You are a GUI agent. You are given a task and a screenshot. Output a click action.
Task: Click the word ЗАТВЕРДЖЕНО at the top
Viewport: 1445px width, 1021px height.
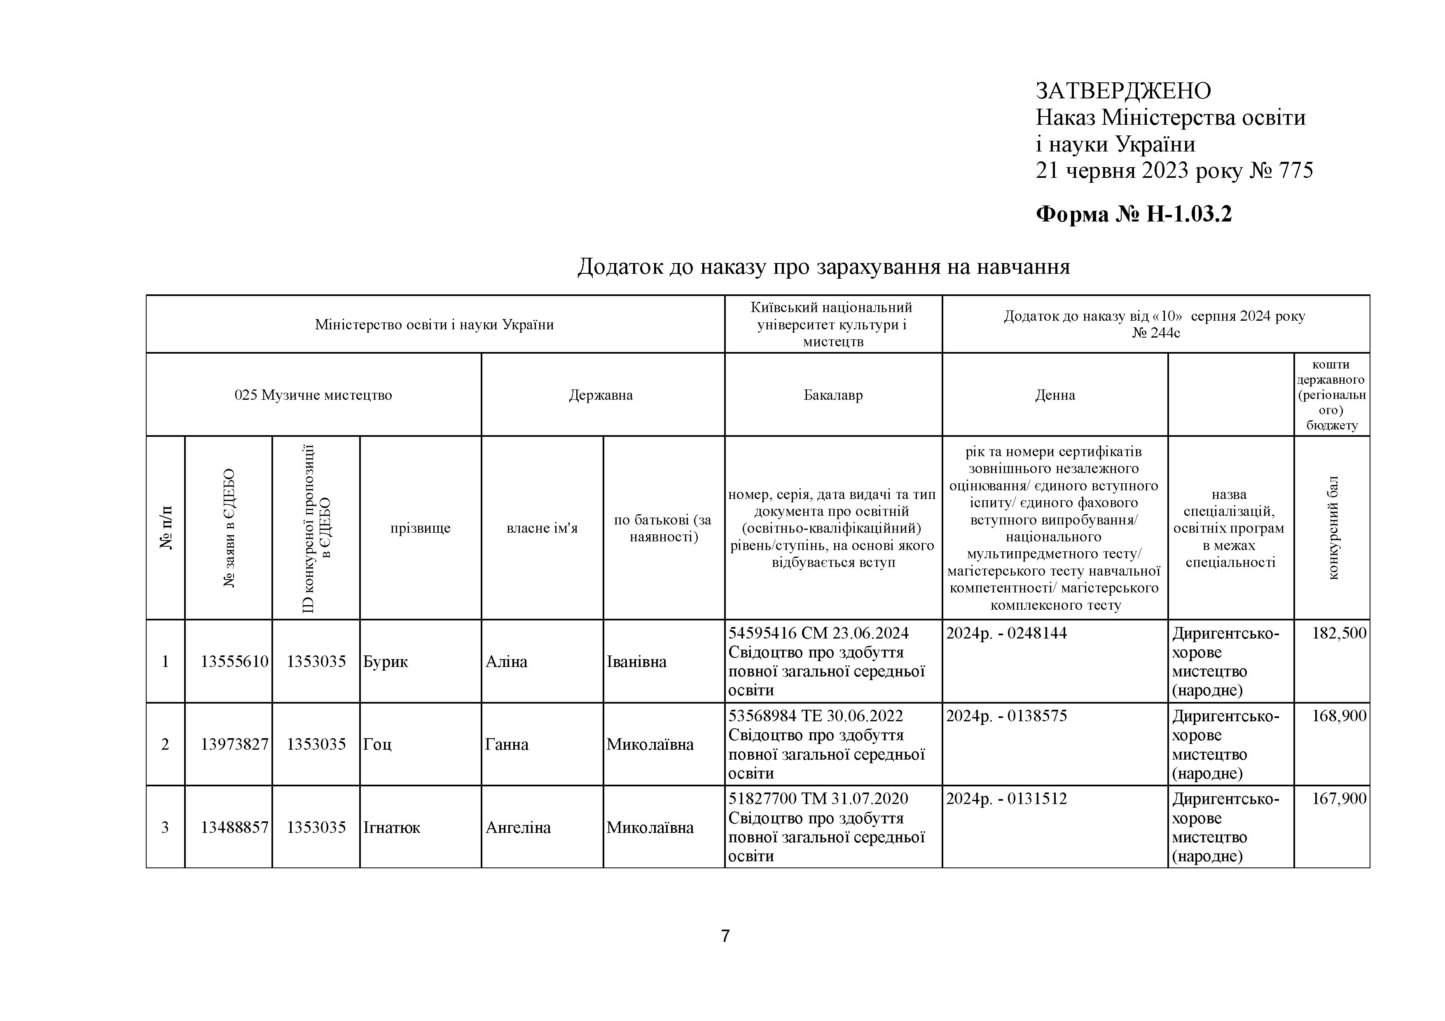1123,91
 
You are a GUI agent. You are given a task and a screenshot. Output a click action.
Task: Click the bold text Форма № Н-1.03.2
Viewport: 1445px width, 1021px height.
1134,214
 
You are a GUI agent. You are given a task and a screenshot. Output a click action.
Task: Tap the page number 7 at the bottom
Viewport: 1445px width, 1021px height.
725,936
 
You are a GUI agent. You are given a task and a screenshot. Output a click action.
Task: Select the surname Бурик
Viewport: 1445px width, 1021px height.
385,662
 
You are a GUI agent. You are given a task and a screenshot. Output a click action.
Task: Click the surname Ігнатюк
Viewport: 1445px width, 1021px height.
391,827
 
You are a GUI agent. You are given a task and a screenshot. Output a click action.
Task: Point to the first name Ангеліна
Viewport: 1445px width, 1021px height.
517,827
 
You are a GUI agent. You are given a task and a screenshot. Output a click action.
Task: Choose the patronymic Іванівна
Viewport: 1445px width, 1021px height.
636,662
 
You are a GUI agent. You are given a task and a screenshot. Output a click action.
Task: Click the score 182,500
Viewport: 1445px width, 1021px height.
1339,633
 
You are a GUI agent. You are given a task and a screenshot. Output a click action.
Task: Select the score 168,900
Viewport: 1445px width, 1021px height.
1339,716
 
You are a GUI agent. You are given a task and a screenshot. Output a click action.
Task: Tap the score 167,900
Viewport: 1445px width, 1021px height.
1339,799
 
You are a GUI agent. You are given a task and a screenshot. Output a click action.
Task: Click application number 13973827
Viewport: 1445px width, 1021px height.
234,744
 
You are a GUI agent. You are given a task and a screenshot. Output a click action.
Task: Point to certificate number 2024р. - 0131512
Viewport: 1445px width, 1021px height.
1006,799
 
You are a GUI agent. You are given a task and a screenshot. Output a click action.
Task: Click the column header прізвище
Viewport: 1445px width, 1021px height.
421,528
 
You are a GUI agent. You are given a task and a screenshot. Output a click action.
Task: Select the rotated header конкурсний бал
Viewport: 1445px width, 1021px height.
1333,528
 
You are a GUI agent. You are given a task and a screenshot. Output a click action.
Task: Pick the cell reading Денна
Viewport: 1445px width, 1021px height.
1055,395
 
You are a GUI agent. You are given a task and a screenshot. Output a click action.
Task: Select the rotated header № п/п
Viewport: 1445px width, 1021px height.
166,528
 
